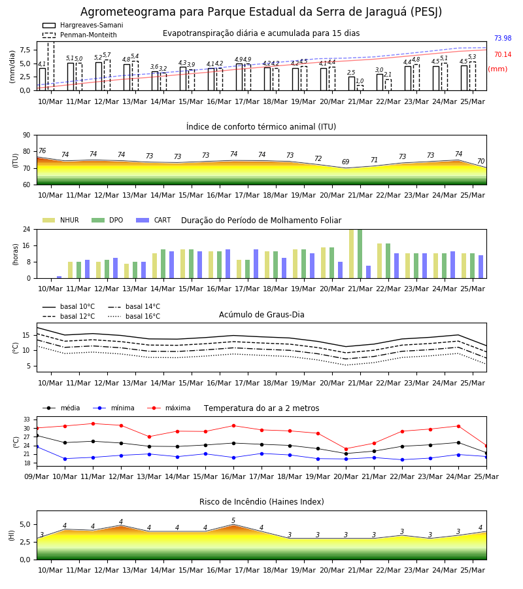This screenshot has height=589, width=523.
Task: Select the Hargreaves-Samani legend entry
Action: [83, 25]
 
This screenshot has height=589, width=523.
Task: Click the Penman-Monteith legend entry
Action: [80, 35]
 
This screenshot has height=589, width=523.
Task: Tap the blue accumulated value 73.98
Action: [503, 38]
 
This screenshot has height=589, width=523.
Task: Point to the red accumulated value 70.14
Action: [503, 54]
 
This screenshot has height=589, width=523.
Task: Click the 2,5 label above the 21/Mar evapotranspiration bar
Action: [351, 73]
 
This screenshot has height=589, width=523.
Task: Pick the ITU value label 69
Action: [346, 162]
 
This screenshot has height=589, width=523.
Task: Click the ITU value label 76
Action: [42, 151]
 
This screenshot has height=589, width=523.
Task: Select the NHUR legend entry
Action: [61, 220]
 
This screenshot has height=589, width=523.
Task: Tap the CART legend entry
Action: [154, 220]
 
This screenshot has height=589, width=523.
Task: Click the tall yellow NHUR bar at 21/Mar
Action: [352, 254]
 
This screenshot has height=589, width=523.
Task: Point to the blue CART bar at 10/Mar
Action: [59, 277]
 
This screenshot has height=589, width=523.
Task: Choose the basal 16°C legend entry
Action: [134, 316]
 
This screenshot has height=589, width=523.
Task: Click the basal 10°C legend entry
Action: [69, 306]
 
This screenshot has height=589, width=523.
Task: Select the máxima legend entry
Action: [169, 408]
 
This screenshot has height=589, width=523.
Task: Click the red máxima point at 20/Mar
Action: [346, 449]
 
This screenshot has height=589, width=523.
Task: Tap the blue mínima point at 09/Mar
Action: [37, 446]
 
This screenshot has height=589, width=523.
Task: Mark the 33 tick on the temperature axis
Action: [27, 419]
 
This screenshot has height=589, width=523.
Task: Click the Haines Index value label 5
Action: [233, 521]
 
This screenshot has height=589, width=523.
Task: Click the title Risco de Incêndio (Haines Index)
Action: [261, 502]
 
